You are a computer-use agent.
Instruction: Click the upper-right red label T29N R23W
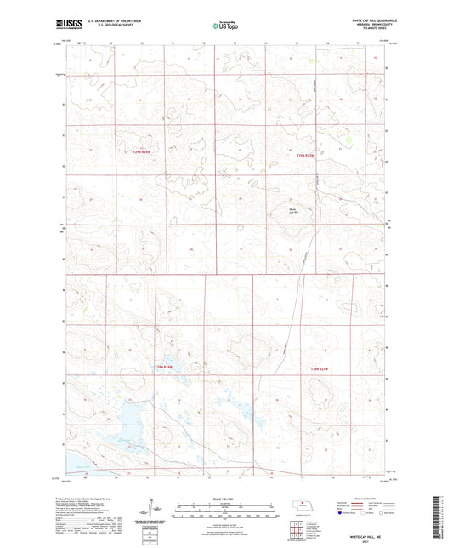pos(305,156)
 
